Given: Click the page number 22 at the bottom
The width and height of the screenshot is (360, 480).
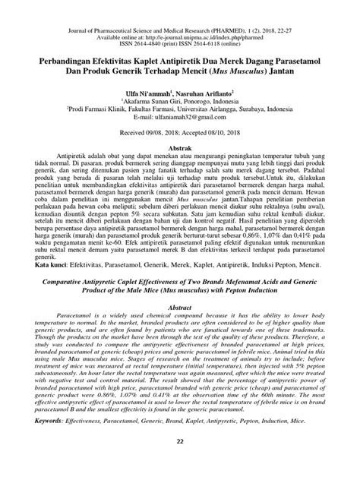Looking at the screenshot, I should [x=180, y=465].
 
